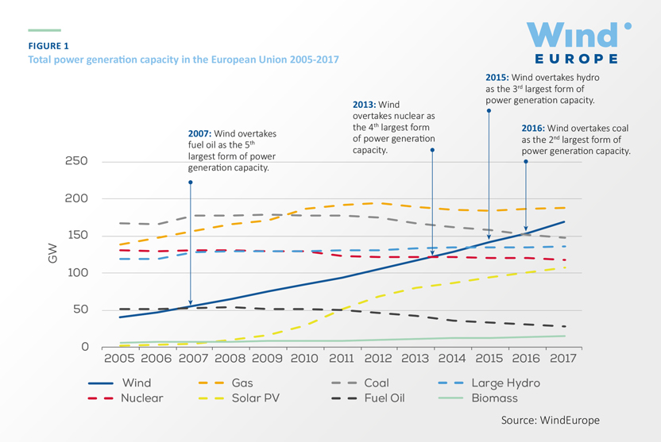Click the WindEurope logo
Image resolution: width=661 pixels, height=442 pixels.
pos(579,42)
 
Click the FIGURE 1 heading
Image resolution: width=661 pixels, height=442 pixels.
pos(48,46)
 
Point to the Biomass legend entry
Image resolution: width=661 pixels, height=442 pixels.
pos(496,398)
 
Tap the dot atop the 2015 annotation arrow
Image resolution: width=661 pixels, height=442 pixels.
pos(489,111)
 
